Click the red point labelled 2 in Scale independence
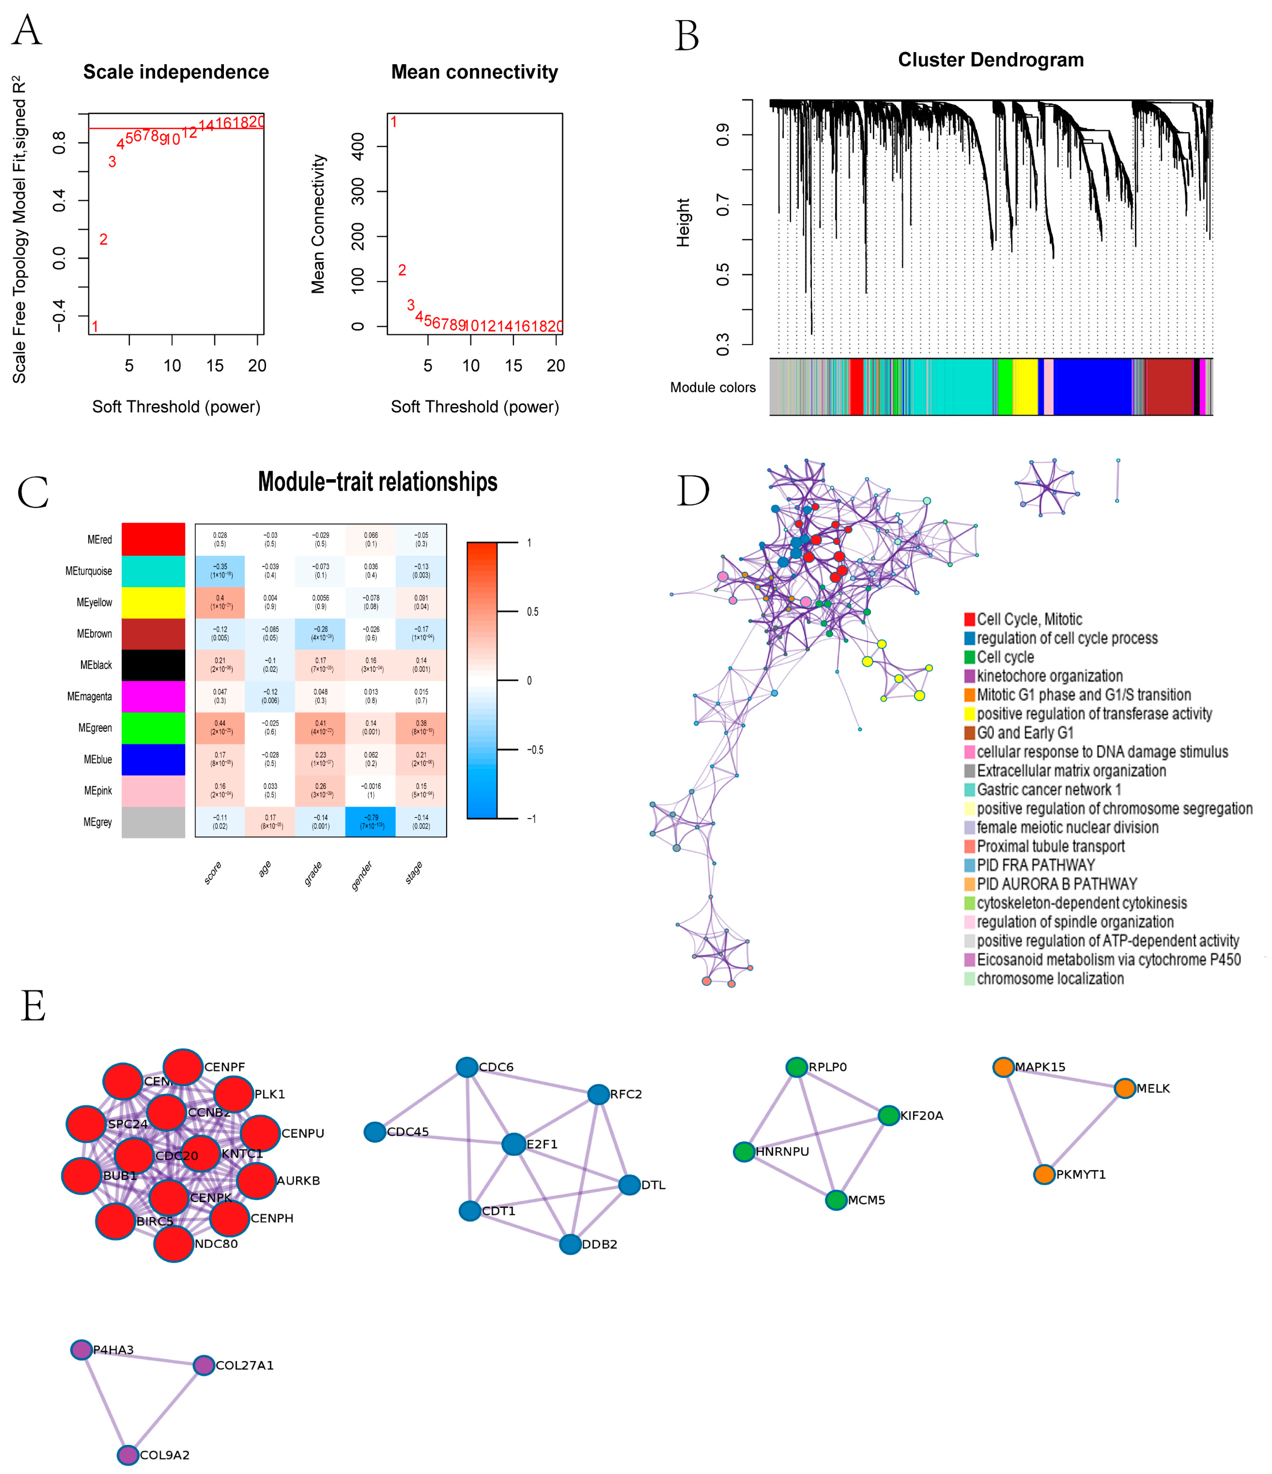coord(103,240)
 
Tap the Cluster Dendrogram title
coord(990,60)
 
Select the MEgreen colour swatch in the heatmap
coord(153,728)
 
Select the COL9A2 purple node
coord(127,1455)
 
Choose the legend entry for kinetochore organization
coord(1049,676)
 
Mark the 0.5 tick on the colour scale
coord(532,612)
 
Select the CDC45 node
coord(375,1132)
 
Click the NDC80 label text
coord(216,1243)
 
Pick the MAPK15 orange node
coord(1003,1067)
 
